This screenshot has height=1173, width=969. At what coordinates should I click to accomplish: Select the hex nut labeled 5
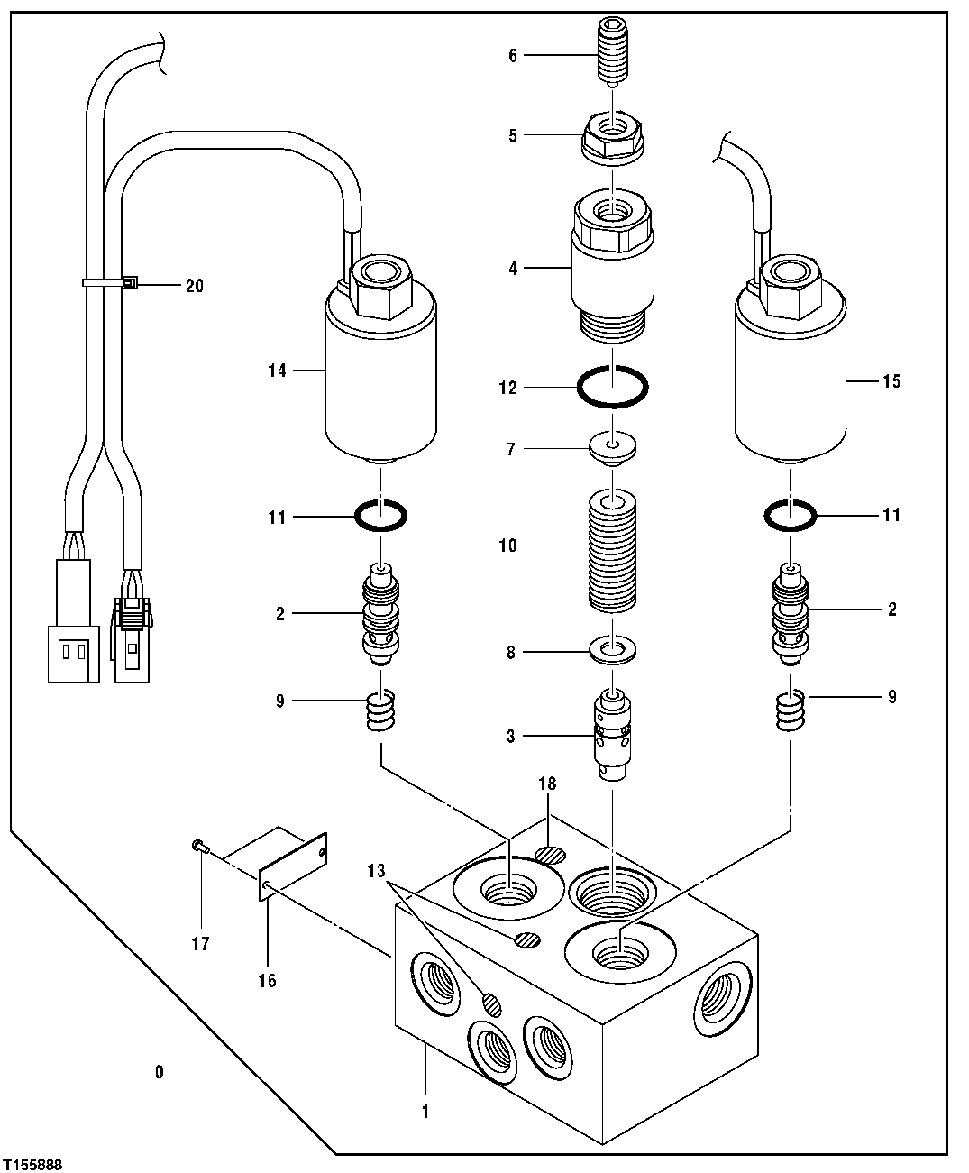(x=612, y=137)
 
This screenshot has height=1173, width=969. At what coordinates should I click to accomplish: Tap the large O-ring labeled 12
(x=612, y=388)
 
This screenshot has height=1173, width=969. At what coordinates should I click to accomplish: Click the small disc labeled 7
(x=612, y=448)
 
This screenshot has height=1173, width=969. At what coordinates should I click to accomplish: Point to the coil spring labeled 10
(x=612, y=546)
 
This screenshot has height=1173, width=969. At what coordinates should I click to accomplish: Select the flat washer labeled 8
(x=612, y=650)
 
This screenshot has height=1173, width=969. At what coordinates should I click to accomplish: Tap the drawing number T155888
(x=32, y=1164)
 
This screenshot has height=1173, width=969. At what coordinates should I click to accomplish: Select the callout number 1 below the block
(x=425, y=1112)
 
